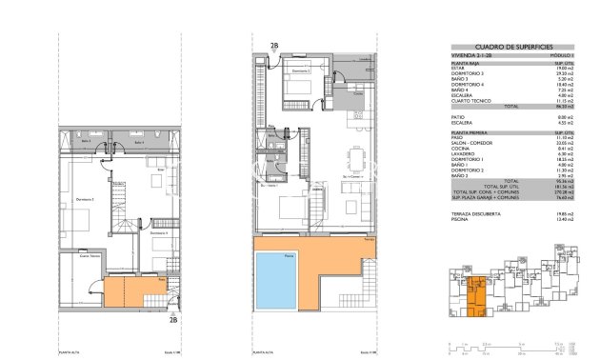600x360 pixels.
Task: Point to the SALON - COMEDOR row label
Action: pyautogui.click(x=470, y=142)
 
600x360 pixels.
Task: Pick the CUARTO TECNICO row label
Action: pyautogui.click(x=470, y=101)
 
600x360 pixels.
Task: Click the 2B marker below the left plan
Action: pyautogui.click(x=172, y=320)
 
